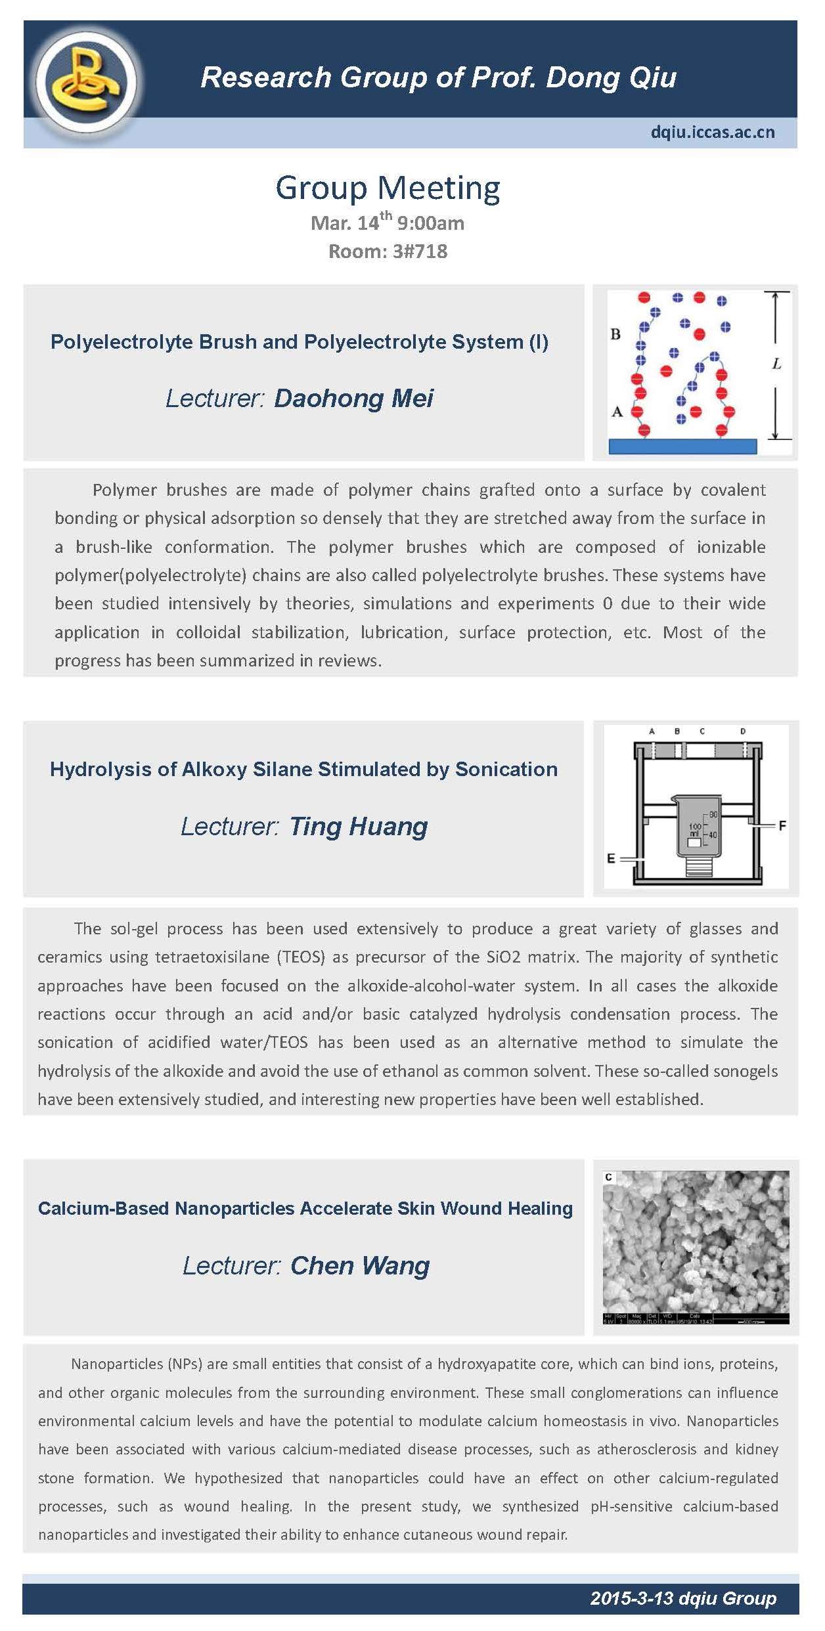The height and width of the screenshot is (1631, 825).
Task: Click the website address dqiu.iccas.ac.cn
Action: (x=712, y=132)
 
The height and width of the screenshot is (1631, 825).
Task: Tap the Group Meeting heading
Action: (x=388, y=188)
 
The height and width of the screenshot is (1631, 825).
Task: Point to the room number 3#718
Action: (x=418, y=251)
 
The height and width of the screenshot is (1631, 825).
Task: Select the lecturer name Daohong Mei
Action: (x=353, y=398)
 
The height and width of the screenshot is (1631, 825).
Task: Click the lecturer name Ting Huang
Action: (x=358, y=826)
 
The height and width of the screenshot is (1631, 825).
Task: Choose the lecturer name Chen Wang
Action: (x=360, y=1265)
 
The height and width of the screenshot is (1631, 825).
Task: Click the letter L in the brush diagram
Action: (x=776, y=363)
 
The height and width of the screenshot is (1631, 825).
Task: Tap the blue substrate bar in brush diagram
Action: (x=682, y=446)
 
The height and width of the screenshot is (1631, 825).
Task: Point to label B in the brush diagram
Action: (x=615, y=334)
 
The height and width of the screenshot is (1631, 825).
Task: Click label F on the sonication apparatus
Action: (x=782, y=825)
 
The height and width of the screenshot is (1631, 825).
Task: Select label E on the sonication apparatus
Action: (x=611, y=858)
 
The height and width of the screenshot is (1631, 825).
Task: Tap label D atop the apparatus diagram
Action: (x=743, y=731)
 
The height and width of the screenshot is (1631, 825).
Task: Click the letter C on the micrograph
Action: (x=609, y=1177)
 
